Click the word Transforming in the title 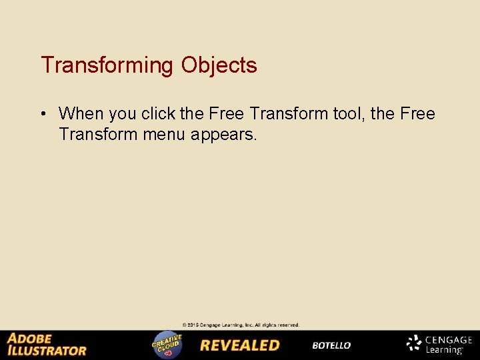click(107, 65)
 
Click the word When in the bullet click(82, 114)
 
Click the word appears click(223, 135)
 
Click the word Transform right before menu click(98, 134)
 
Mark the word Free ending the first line click(418, 114)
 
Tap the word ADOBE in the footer click(29, 338)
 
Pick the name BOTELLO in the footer click(331, 345)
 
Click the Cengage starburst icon click(414, 344)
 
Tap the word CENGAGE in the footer click(449, 340)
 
